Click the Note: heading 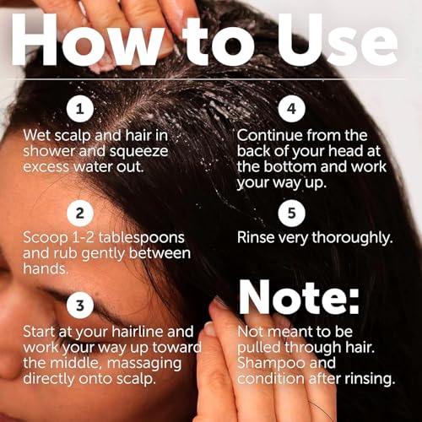(299, 298)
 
